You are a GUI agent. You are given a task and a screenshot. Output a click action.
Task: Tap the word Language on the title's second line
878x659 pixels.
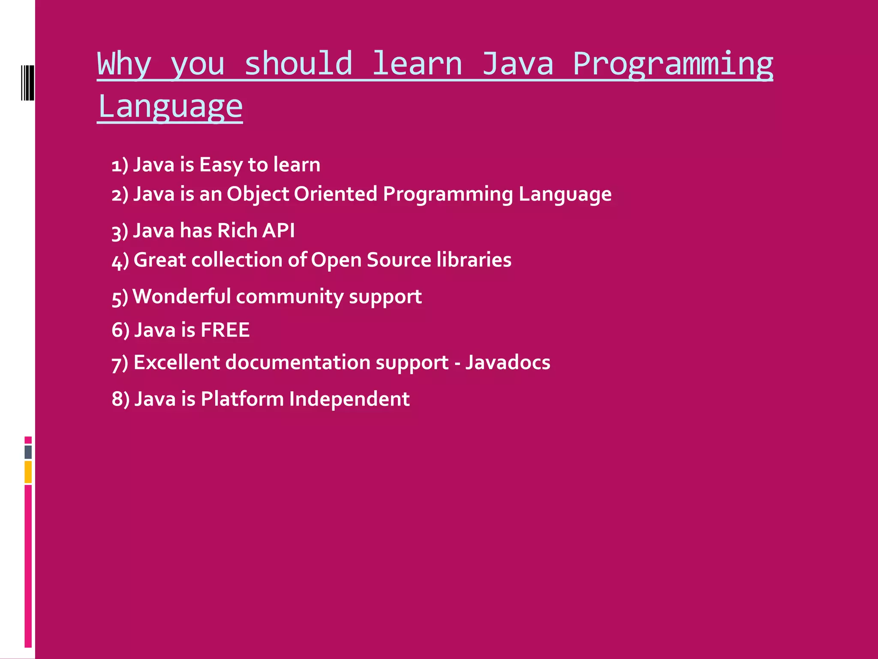point(170,106)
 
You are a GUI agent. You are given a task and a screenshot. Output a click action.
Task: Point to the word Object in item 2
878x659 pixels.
point(258,194)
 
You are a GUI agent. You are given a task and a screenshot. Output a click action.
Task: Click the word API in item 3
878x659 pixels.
point(278,230)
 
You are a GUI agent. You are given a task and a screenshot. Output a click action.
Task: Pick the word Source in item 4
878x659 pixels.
point(399,260)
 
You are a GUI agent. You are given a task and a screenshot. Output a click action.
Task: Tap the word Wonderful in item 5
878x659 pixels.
point(182,296)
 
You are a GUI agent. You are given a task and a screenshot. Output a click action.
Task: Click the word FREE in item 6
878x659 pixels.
point(225,330)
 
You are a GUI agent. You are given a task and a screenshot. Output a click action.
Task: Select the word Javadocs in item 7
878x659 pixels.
point(508,363)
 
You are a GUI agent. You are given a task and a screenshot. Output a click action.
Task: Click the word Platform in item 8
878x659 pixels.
point(242,399)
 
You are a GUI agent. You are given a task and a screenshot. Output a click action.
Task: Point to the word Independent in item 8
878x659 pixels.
point(349,399)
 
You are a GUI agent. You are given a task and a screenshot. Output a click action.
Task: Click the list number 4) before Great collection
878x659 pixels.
point(120,261)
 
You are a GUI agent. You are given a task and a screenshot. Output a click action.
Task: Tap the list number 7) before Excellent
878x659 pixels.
point(120,363)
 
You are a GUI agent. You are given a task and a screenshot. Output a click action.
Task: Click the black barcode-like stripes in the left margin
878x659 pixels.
point(27,82)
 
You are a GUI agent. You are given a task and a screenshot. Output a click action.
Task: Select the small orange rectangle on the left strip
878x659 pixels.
point(28,472)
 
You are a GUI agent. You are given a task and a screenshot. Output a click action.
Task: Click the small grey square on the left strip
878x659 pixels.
point(28,452)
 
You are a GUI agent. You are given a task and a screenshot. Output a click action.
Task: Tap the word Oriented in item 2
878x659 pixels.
point(335,194)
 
